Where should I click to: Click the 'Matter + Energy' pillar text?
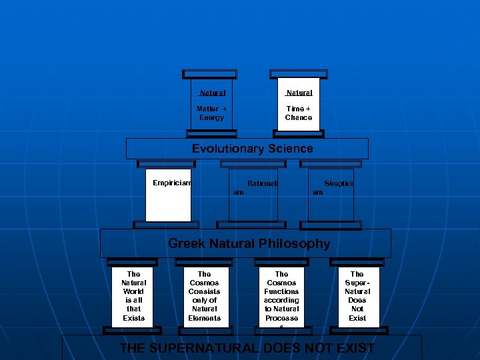[212, 113]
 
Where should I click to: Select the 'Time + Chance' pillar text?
[298, 113]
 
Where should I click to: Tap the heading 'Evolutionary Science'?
[252, 149]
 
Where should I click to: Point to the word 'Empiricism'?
[171, 183]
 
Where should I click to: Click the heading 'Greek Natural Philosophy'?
[249, 243]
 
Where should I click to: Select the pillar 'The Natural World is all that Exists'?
[133, 296]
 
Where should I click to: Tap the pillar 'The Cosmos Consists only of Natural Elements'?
[205, 296]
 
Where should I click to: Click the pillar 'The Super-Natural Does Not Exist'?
[357, 296]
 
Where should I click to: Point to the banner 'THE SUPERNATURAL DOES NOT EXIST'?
[246, 348]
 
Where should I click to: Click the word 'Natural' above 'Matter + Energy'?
[212, 93]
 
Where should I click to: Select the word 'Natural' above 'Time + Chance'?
[298, 93]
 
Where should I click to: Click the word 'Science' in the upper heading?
[287, 149]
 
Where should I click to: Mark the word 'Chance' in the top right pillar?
[298, 118]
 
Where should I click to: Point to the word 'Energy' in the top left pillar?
[212, 118]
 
